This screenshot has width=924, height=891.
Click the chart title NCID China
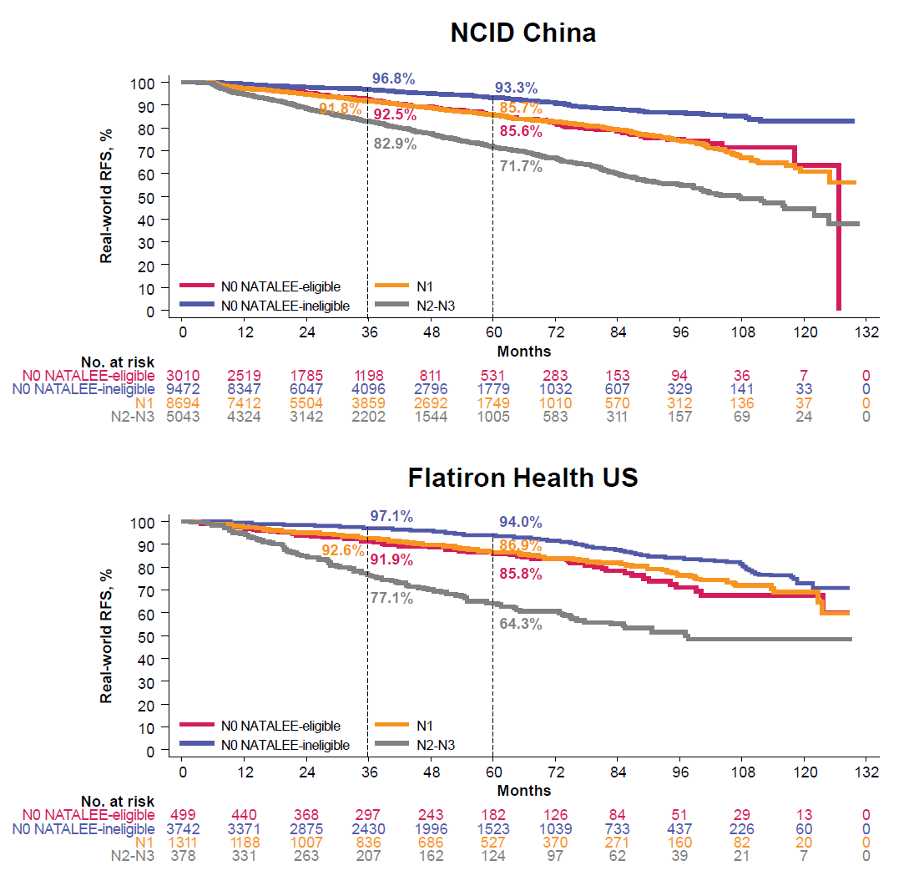pyautogui.click(x=523, y=33)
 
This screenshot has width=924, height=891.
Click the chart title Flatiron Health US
pyautogui.click(x=523, y=478)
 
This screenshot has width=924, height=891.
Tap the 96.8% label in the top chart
pyautogui.click(x=393, y=78)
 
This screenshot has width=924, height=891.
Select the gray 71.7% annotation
pyautogui.click(x=521, y=166)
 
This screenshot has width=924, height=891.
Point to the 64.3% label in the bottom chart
pyautogui.click(x=521, y=624)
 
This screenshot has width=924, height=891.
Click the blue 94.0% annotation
pyautogui.click(x=521, y=522)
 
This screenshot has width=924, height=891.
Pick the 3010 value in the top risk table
pyautogui.click(x=181, y=374)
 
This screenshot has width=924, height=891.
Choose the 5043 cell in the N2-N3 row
pyautogui.click(x=181, y=417)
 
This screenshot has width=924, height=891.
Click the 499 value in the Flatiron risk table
pyautogui.click(x=181, y=814)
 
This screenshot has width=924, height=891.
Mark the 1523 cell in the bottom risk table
pyautogui.click(x=492, y=828)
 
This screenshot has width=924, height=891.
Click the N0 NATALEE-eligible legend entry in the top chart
pyautogui.click(x=280, y=287)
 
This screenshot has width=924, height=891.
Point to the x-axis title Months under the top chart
pyautogui.click(x=523, y=351)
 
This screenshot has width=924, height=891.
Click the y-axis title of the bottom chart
pyautogui.click(x=107, y=636)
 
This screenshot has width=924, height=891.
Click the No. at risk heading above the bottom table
pyautogui.click(x=118, y=801)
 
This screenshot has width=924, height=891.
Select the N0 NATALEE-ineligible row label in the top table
pyautogui.click(x=88, y=388)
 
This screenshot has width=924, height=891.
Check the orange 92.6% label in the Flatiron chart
pyautogui.click(x=342, y=550)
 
